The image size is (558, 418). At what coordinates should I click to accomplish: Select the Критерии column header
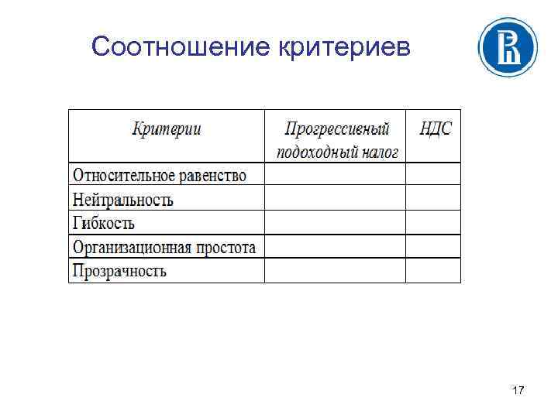(167, 128)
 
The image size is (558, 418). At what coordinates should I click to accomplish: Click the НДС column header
(435, 128)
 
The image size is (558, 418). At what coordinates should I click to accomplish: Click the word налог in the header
(379, 151)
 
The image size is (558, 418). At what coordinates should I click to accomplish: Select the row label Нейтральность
(122, 200)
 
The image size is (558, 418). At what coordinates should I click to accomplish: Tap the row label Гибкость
(103, 224)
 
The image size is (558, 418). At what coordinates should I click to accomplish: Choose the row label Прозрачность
(119, 271)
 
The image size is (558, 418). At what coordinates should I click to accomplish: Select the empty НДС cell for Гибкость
(433, 223)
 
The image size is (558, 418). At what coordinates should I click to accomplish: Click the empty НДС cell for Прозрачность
(433, 270)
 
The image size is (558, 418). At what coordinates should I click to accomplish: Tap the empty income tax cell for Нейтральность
(335, 199)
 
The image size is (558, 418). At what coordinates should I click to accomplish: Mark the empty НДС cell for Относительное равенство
(433, 174)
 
